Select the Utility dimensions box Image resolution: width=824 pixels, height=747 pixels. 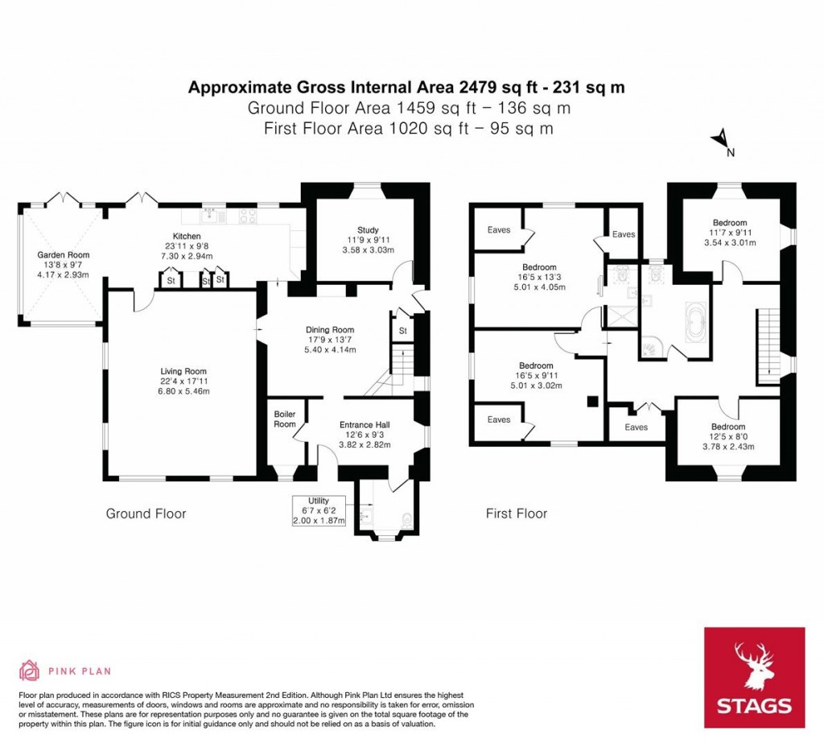[319, 511]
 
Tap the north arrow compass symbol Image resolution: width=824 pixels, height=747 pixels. [722, 141]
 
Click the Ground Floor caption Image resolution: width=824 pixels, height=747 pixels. [146, 514]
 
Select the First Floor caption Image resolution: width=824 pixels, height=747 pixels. [517, 514]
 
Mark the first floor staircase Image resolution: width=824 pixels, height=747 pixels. [768, 345]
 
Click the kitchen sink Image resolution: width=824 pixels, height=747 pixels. [211, 215]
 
